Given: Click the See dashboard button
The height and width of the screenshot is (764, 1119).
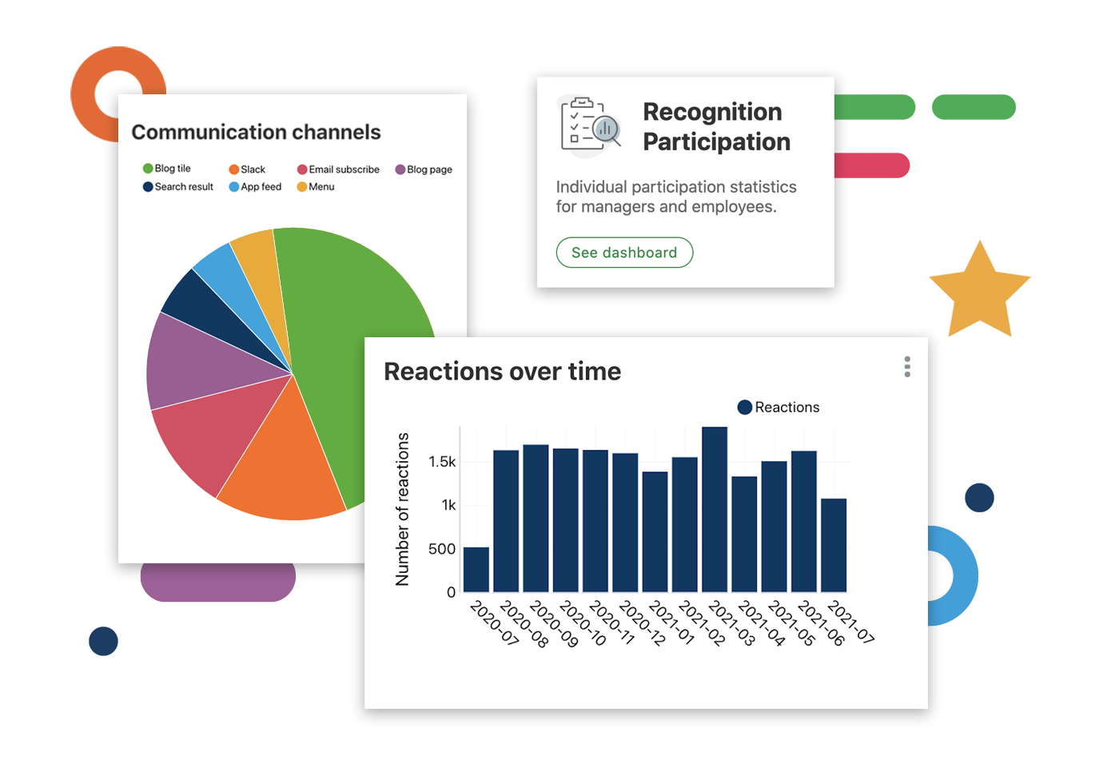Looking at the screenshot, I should tap(624, 253).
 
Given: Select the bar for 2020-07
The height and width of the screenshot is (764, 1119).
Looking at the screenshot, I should tap(476, 569).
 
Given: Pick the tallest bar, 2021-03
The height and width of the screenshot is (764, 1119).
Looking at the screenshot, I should tap(715, 509).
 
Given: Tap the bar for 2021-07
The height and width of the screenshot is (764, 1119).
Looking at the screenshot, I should tap(834, 545).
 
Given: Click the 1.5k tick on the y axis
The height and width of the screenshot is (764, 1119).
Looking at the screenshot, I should tap(442, 462).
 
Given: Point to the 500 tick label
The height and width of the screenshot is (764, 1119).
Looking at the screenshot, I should tap(442, 549).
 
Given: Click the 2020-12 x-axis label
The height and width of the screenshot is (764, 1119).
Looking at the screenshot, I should tap(643, 623).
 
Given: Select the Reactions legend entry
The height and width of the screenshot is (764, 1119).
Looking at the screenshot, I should tap(779, 408).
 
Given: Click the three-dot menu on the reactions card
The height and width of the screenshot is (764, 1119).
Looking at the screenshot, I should tap(907, 367).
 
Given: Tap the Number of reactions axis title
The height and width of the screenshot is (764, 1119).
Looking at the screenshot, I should tap(403, 509).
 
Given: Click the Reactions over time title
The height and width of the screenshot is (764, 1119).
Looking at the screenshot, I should tap(502, 372).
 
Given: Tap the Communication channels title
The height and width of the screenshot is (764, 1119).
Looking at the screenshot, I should tap(256, 132).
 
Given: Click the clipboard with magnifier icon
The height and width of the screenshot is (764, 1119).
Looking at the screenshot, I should tap(591, 124).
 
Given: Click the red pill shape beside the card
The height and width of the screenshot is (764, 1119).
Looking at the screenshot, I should tap(871, 165).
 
